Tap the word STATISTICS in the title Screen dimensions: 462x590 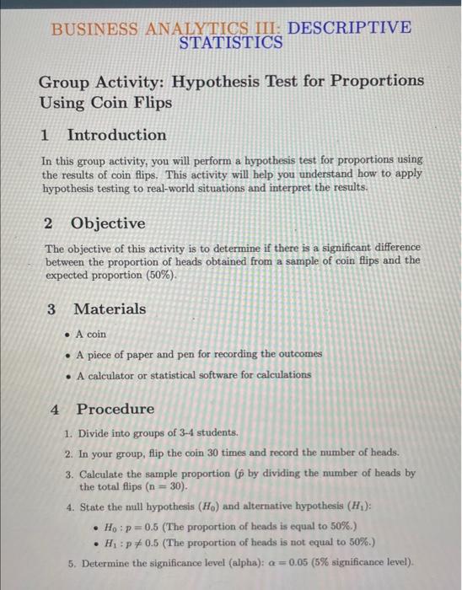pyautogui.click(x=231, y=42)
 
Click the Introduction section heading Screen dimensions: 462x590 pyautogui.click(x=116, y=135)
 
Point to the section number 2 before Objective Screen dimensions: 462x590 pyautogui.click(x=48, y=223)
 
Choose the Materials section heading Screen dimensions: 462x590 pyautogui.click(x=110, y=308)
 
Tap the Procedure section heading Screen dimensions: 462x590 pyautogui.click(x=115, y=409)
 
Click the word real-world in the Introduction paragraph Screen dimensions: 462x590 pyautogui.click(x=212, y=187)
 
